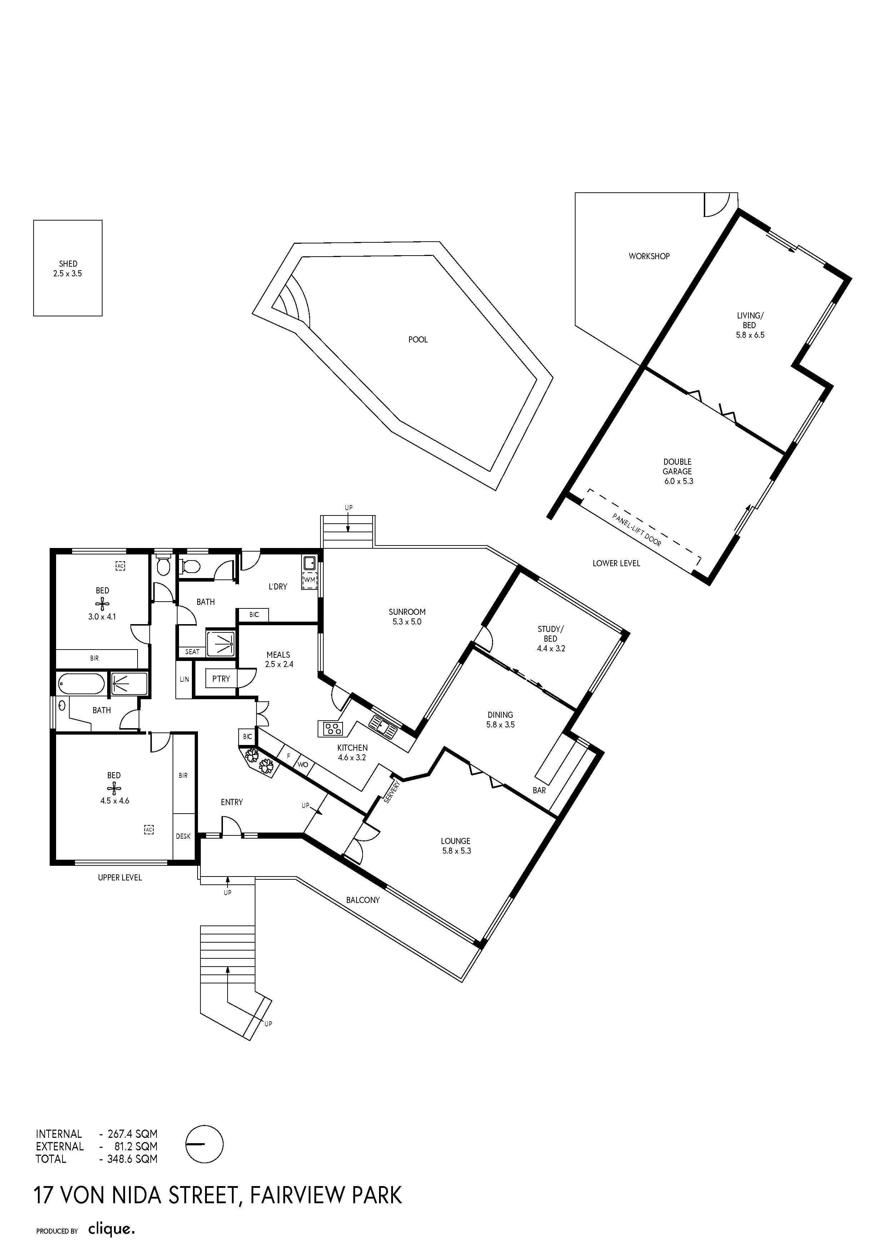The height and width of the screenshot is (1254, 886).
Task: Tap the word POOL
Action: pyautogui.click(x=418, y=340)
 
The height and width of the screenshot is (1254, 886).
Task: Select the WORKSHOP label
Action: pyautogui.click(x=649, y=256)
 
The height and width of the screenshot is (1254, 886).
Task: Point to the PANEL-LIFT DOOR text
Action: pyautogui.click(x=637, y=530)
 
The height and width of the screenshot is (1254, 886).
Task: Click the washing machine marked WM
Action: pyautogui.click(x=309, y=580)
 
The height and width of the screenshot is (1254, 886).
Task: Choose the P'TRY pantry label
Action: pyautogui.click(x=221, y=679)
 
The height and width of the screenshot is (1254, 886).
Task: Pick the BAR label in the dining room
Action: pyautogui.click(x=539, y=790)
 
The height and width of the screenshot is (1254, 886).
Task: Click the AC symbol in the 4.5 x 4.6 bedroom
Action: pyautogui.click(x=149, y=830)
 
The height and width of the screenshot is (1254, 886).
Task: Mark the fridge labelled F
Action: pyautogui.click(x=289, y=756)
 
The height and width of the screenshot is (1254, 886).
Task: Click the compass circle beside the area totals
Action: pyautogui.click(x=205, y=1144)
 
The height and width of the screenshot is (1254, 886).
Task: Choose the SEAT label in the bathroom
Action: pyautogui.click(x=192, y=652)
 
